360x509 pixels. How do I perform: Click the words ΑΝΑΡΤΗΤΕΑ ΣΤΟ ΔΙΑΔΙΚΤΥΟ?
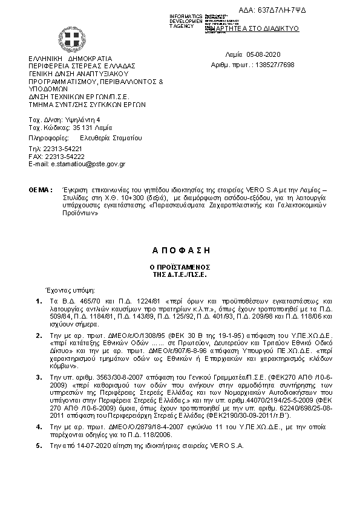[x=258, y=28]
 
